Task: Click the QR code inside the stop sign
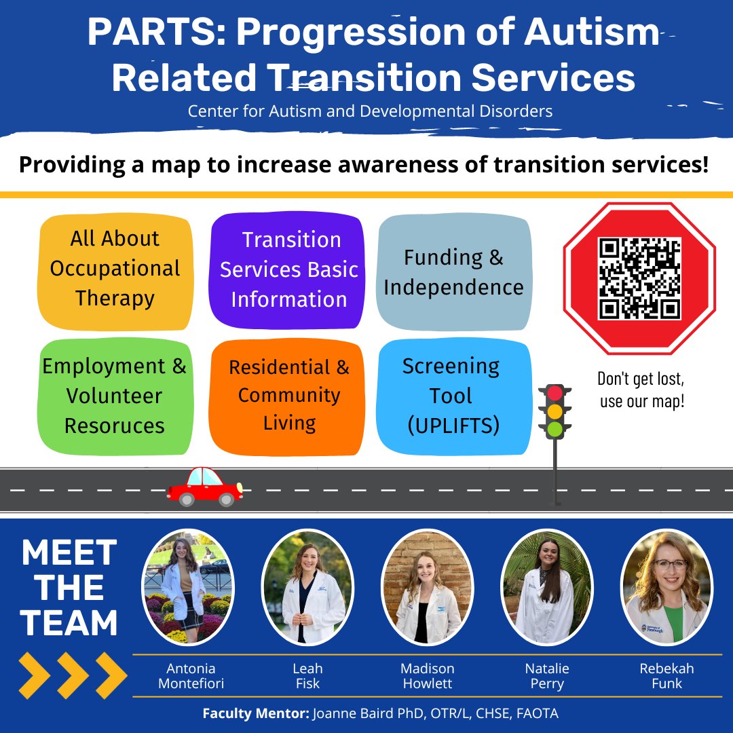pos(639,278)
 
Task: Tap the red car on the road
pos(204,487)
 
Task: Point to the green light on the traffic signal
pos(555,428)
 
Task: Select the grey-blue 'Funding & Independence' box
pos(453,272)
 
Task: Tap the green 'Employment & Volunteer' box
pos(114,396)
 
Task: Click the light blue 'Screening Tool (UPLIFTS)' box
pos(453,396)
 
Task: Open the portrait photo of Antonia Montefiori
pos(187,587)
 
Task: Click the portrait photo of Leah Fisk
pos(307,587)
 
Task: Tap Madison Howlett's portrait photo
pos(427,587)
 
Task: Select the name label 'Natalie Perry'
pos(547,676)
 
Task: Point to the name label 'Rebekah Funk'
pos(666,676)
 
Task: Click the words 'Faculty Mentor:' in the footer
pos(255,714)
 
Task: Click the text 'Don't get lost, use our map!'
pos(641,390)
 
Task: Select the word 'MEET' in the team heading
pos(69,554)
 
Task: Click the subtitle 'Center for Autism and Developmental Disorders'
pos(370,110)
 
